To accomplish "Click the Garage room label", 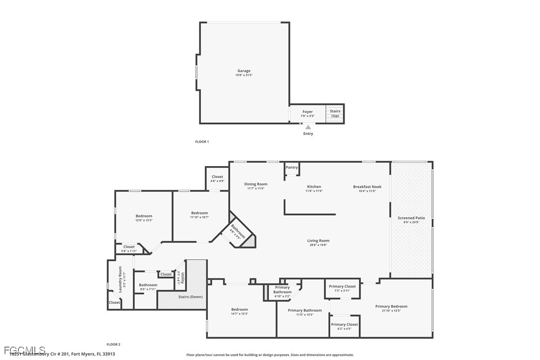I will click(x=244, y=71).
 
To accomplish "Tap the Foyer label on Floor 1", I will click(x=307, y=112).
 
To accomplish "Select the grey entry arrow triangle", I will click(x=308, y=127).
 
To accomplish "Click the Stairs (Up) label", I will click(x=335, y=113).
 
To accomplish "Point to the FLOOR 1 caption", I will click(x=202, y=142).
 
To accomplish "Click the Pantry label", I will click(x=292, y=168).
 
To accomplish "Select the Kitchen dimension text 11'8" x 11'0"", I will click(x=314, y=191).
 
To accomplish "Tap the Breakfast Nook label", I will click(x=367, y=186).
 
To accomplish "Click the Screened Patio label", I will click(x=411, y=218).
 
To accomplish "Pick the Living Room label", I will click(x=318, y=241).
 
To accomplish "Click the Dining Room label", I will click(x=256, y=184).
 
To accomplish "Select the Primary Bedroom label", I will click(x=391, y=306).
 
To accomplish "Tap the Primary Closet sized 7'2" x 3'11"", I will click(x=342, y=286).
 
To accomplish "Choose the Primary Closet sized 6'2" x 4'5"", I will click(x=345, y=324).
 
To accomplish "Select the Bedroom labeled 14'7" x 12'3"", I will click(x=239, y=309).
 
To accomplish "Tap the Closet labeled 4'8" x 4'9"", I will click(x=217, y=177).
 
